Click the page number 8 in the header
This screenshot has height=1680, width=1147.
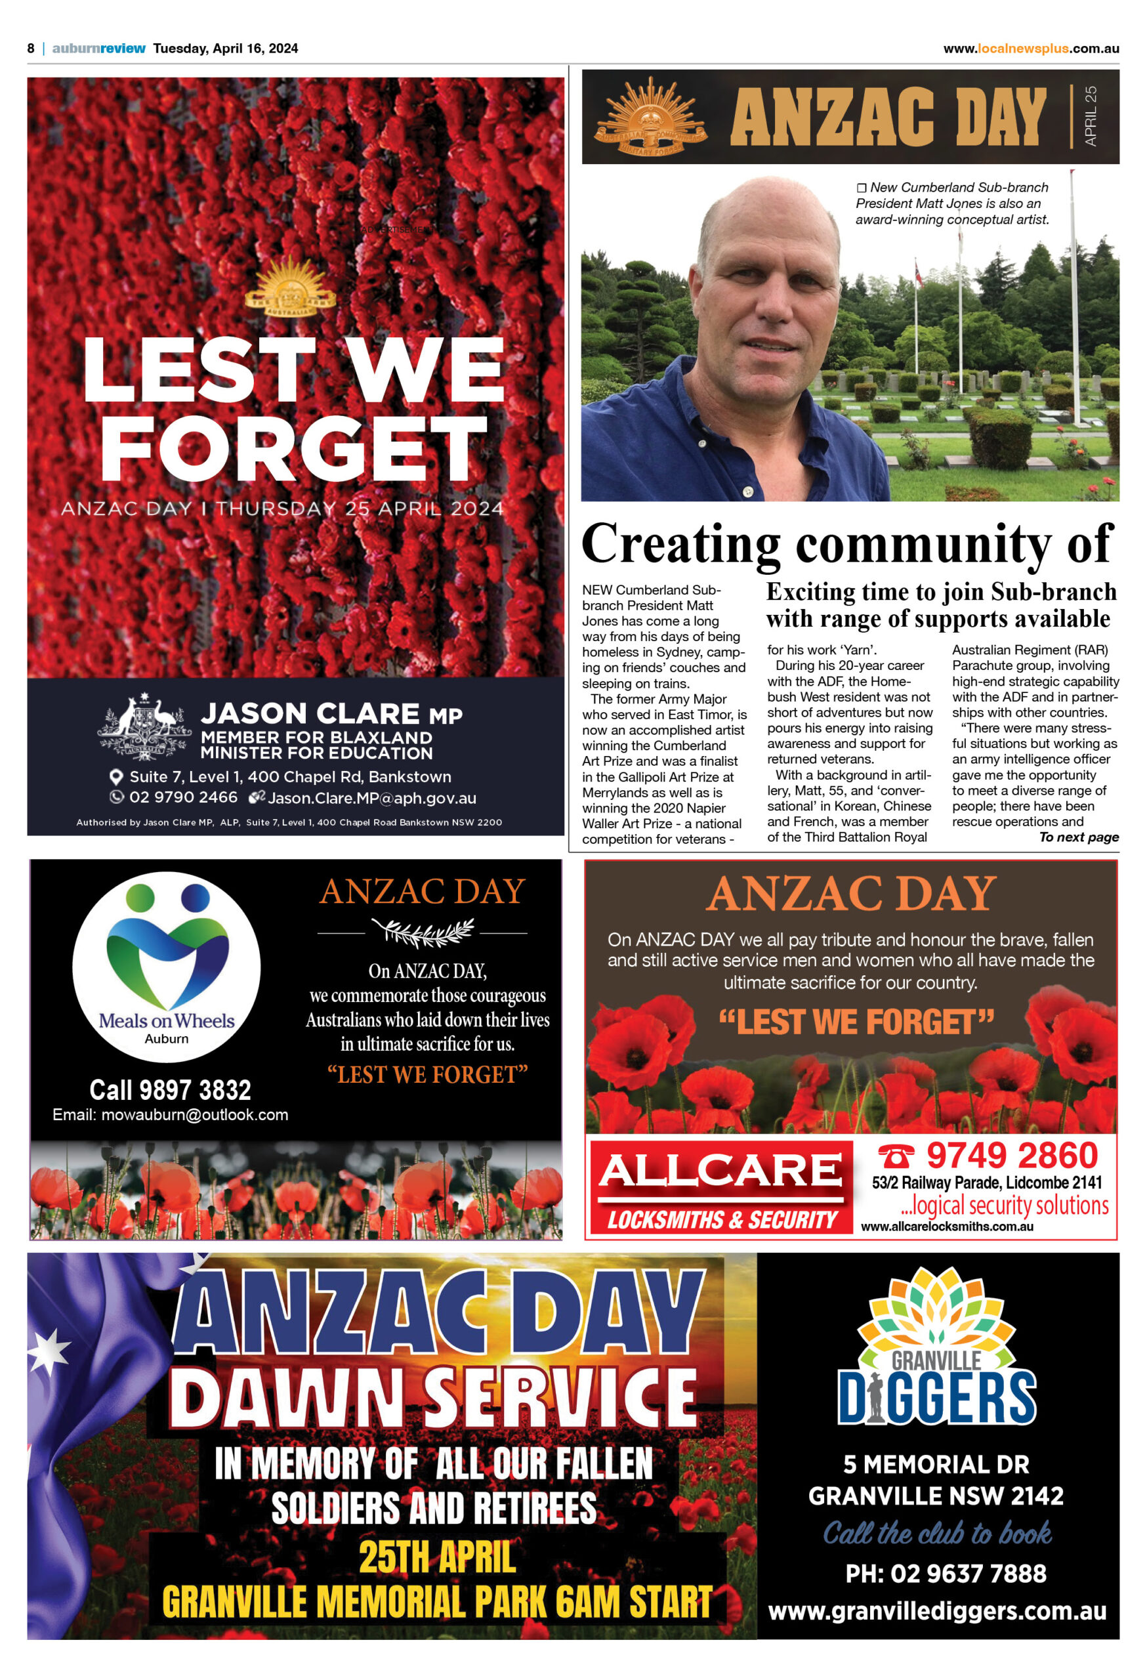click(31, 49)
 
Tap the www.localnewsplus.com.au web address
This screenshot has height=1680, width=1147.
click(1031, 49)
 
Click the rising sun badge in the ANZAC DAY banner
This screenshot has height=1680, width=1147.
click(650, 117)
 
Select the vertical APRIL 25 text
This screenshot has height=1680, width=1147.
click(1090, 116)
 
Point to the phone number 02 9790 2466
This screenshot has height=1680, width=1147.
click(183, 797)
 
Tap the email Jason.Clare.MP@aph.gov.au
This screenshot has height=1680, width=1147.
click(371, 798)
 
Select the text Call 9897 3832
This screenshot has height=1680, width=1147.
click(170, 1089)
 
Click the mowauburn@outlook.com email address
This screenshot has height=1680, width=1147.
click(194, 1115)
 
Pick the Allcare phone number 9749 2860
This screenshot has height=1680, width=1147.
click(1012, 1155)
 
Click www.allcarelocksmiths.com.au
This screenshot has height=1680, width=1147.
click(947, 1226)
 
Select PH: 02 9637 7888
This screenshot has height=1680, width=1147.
click(946, 1573)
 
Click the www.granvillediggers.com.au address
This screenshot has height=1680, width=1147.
click(936, 1611)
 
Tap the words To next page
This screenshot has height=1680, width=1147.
click(1078, 837)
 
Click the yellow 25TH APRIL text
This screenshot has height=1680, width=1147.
click(437, 1559)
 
